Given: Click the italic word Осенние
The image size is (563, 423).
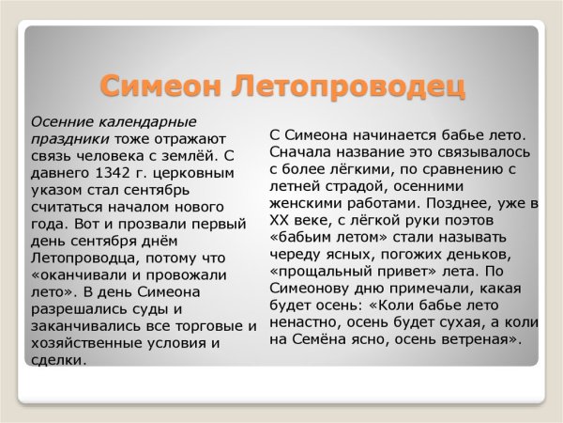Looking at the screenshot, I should click(x=59, y=122).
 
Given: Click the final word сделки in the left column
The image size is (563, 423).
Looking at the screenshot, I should click(x=57, y=359).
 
